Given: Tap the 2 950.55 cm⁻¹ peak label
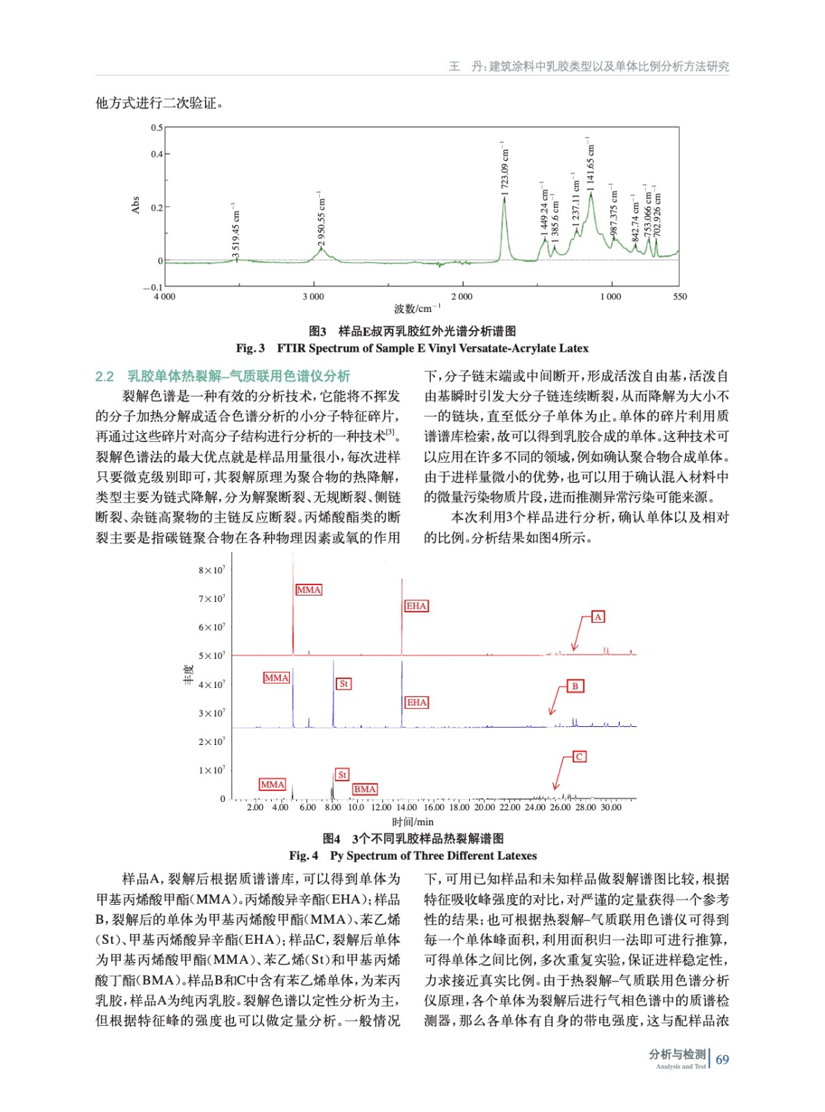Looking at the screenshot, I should pyautogui.click(x=322, y=218).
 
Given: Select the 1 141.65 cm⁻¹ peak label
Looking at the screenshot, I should pyautogui.click(x=591, y=164).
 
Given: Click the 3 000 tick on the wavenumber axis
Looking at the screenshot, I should pyautogui.click(x=313, y=297).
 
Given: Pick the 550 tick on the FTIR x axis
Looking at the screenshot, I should pyautogui.click(x=680, y=297).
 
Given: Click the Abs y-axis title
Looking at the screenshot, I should pyautogui.click(x=136, y=205).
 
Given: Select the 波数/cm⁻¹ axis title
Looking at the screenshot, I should pyautogui.click(x=417, y=309).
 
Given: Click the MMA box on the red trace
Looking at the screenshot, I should pyautogui.click(x=309, y=590).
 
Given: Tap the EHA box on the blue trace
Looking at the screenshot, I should pyautogui.click(x=417, y=703).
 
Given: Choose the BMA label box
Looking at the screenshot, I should pyautogui.click(x=365, y=790).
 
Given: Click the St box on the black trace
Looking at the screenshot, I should pyautogui.click(x=342, y=775).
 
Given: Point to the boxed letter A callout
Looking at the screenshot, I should pyautogui.click(x=598, y=617).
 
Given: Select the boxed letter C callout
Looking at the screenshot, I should pyautogui.click(x=579, y=757).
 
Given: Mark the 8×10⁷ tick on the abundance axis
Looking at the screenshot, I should pyautogui.click(x=212, y=571).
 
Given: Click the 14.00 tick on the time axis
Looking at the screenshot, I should pyautogui.click(x=407, y=808).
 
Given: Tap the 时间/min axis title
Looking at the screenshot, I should pyautogui.click(x=413, y=822).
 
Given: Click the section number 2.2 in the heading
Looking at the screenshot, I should pyautogui.click(x=104, y=377).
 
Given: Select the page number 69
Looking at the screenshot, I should pyautogui.click(x=722, y=1060).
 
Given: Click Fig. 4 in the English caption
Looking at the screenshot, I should pyautogui.click(x=304, y=856).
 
